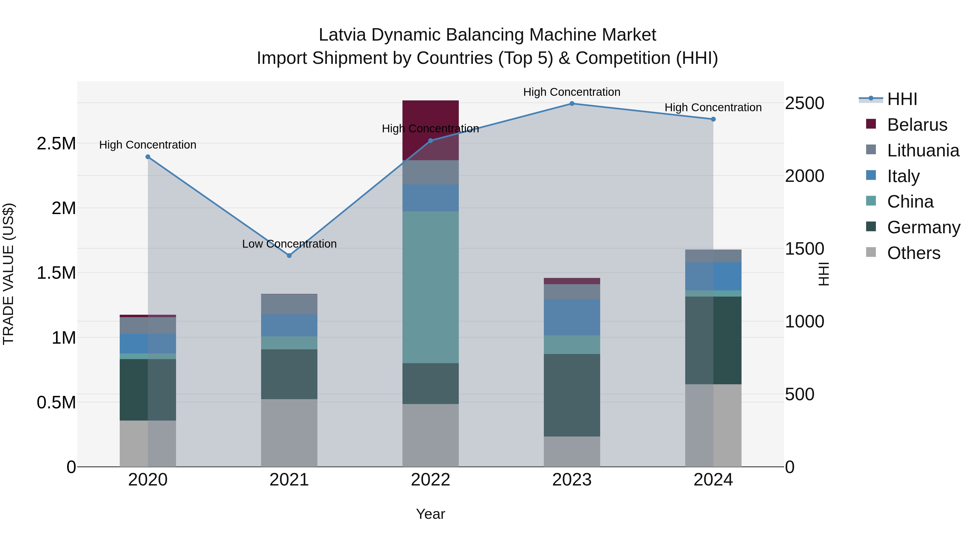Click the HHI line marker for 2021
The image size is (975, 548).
click(289, 256)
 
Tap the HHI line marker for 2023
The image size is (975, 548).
click(572, 104)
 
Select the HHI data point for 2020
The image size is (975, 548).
click(148, 157)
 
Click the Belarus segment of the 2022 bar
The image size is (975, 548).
click(430, 113)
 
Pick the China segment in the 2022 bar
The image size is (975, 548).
click(430, 287)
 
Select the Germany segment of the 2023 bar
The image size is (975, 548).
click(572, 395)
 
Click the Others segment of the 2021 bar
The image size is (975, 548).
click(289, 433)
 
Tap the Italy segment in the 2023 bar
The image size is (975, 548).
click(572, 318)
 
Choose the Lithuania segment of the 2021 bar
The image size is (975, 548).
click(289, 304)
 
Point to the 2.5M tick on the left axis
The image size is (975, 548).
click(56, 144)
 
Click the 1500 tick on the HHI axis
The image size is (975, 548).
click(805, 249)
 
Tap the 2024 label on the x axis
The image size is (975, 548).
click(713, 480)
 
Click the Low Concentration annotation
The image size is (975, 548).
click(289, 244)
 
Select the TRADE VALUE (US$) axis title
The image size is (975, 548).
click(8, 274)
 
